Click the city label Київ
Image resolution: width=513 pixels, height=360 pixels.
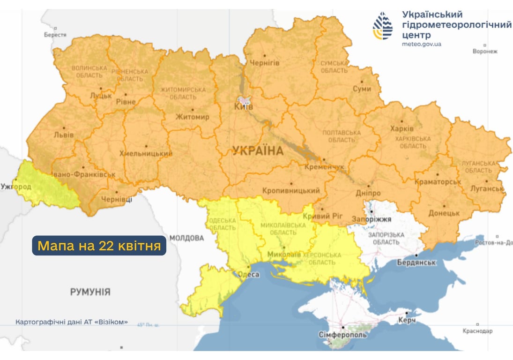coord(243,107)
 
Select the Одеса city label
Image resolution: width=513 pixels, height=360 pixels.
coord(248,275)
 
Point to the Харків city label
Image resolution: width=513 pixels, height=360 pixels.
coord(401,129)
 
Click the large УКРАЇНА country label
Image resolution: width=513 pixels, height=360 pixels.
coord(258,151)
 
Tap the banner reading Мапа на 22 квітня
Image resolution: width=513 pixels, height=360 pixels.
coord(99,246)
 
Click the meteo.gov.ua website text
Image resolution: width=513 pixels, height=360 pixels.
coord(422,44)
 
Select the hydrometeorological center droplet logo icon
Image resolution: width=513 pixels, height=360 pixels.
coord(383,26)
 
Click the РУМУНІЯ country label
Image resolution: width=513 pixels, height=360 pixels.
coord(90,292)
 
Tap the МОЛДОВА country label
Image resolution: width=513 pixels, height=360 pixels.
coord(186,238)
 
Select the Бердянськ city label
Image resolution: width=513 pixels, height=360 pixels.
coord(416,262)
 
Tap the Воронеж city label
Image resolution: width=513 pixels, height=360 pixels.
coord(485,52)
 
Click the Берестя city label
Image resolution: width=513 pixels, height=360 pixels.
coord(55,35)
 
